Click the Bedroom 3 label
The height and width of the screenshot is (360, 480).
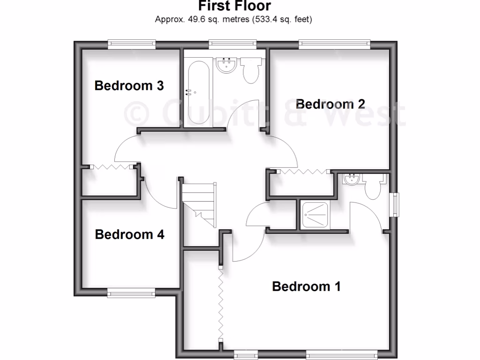click(129, 86)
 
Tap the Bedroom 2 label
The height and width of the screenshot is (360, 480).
click(330, 104)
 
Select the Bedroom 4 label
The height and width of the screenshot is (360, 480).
click(129, 234)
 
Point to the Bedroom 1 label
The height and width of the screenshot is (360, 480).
click(306, 286)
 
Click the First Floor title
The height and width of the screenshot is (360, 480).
click(234, 6)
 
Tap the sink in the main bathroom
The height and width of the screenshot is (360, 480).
click(227, 66)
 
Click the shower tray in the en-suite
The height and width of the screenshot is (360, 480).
click(315, 215)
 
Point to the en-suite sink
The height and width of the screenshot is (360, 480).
click(351, 179)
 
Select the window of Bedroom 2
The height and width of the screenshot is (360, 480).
click(334, 44)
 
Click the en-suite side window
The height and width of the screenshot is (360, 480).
click(396, 205)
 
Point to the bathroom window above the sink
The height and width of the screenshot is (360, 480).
click(233, 44)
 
